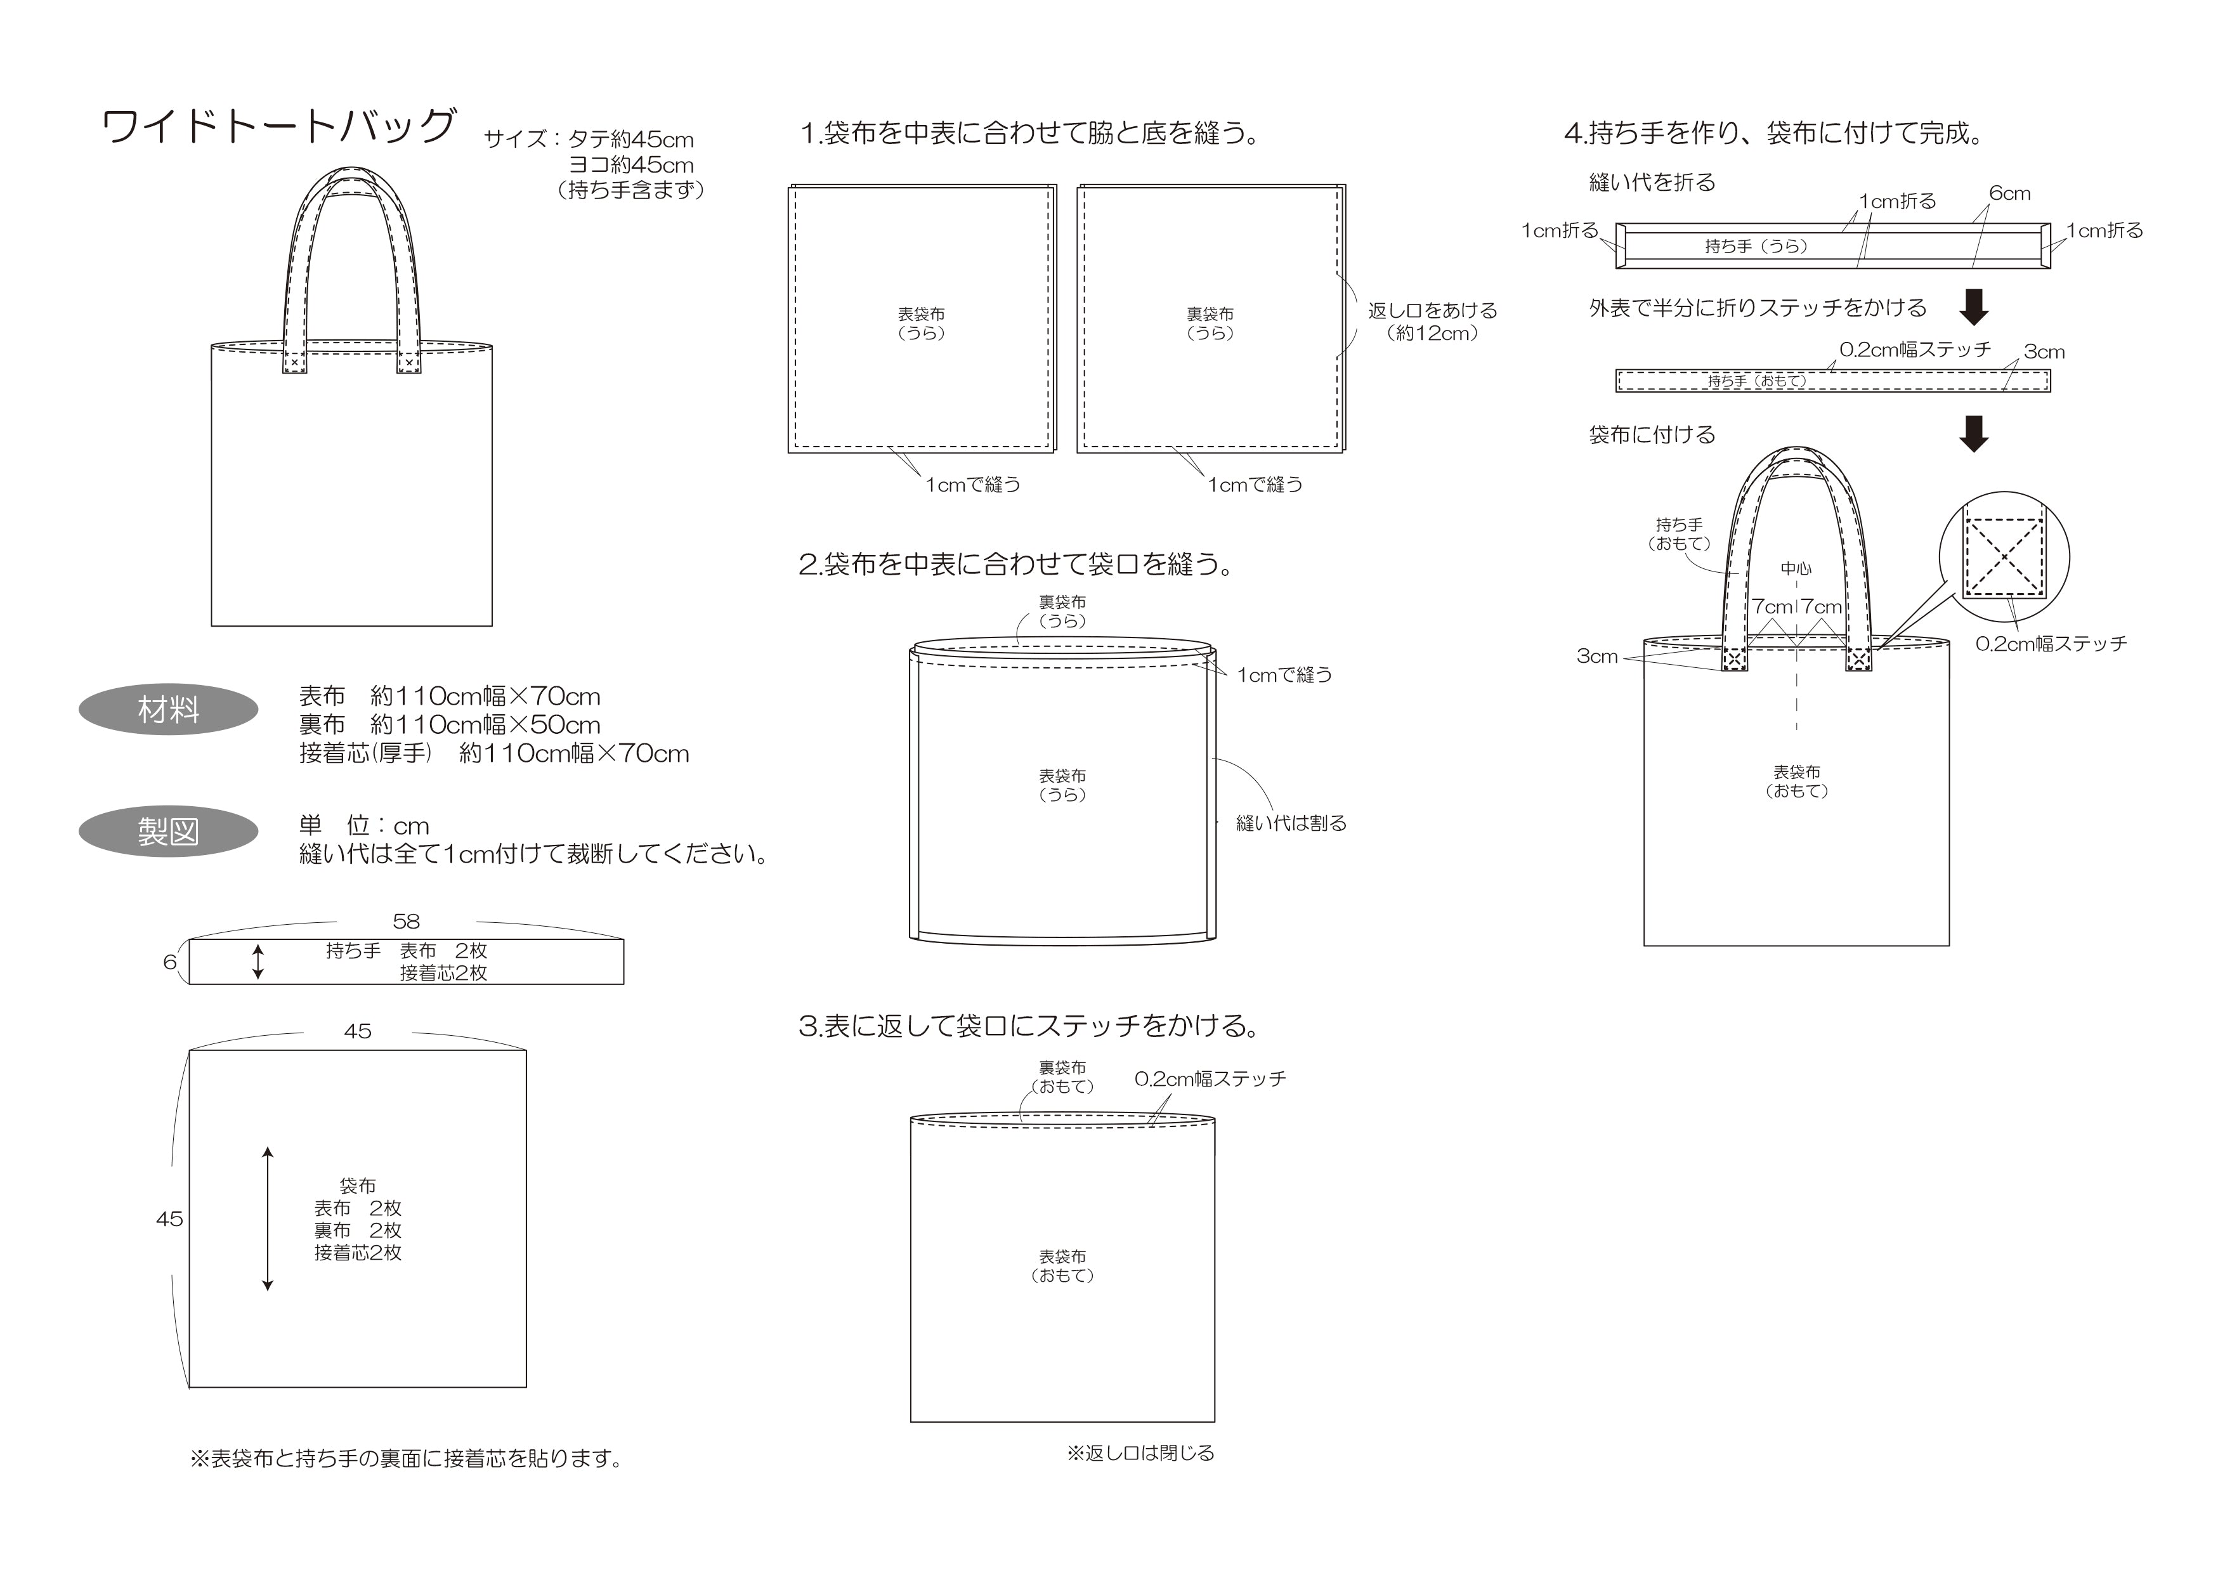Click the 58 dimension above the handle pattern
pos(406,922)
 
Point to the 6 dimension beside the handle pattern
pos(169,962)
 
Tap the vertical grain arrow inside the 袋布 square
pos(268,1218)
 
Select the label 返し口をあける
pos(1432,311)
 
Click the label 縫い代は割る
pos(1291,823)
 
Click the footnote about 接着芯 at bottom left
pos(406,1458)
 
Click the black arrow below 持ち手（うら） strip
pos(1974,307)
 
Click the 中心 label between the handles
pos(1796,569)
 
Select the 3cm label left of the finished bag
pos(1597,656)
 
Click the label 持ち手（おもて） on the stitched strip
pos(1756,382)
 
